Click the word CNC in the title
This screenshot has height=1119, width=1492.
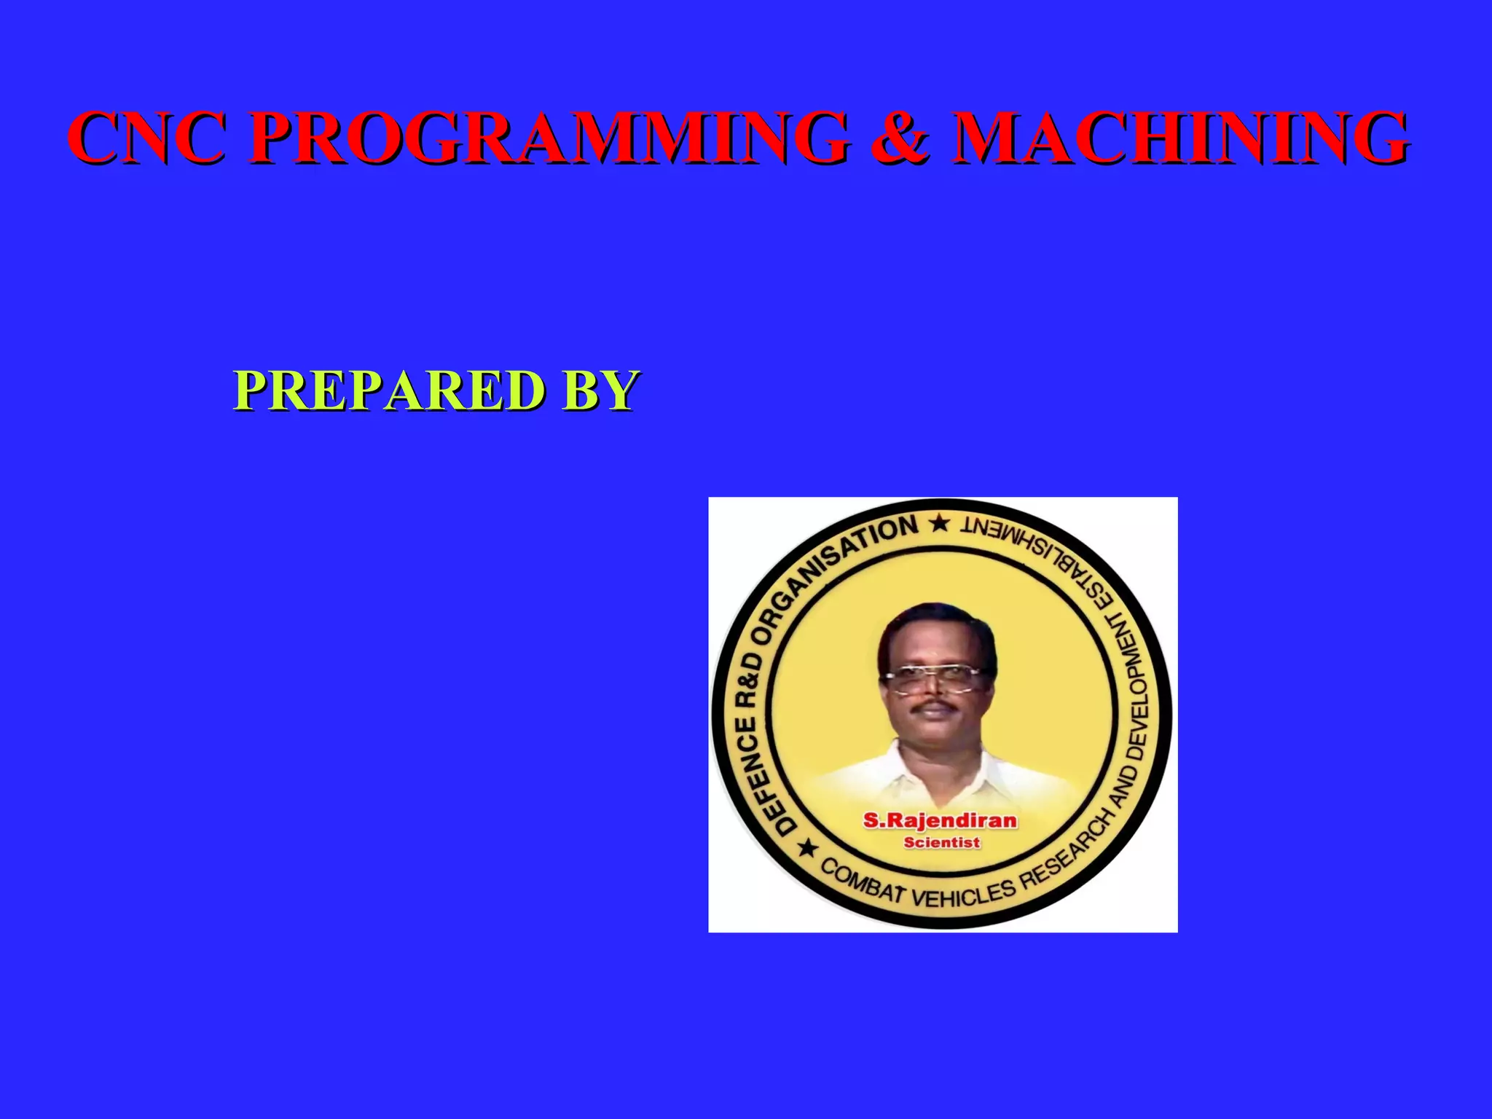(x=146, y=138)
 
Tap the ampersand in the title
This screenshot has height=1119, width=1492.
(x=900, y=138)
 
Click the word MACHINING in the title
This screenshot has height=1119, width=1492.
(x=1180, y=138)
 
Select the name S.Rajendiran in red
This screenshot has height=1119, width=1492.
(x=940, y=821)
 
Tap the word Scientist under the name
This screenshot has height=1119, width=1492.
(x=941, y=843)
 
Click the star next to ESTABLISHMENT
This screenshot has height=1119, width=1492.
(x=940, y=523)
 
